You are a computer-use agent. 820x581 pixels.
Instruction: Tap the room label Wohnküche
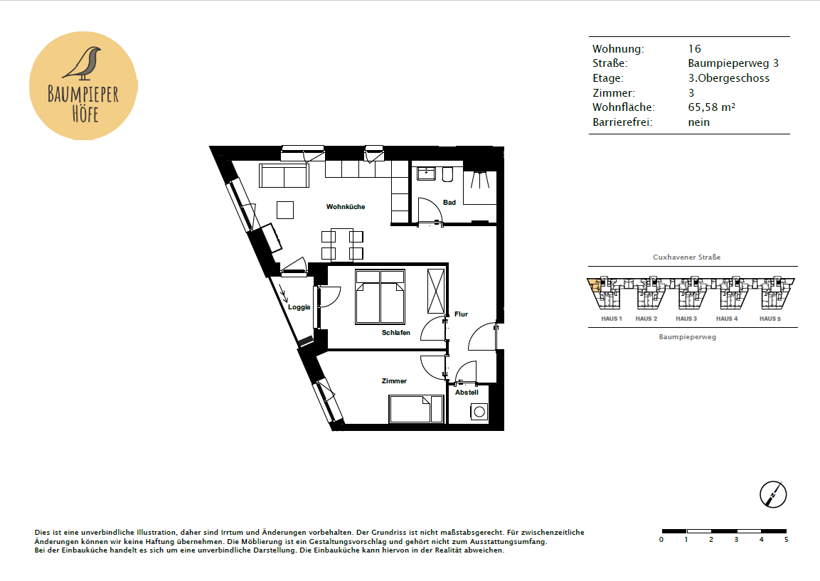pyautogui.click(x=346, y=206)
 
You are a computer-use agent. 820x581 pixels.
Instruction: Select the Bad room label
pyautogui.click(x=449, y=203)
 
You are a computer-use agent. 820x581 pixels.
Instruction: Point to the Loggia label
pyautogui.click(x=299, y=307)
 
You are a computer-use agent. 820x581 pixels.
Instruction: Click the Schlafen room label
pyautogui.click(x=396, y=333)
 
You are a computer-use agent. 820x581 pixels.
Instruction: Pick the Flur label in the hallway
pyautogui.click(x=462, y=314)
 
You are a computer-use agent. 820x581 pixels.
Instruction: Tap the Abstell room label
pyautogui.click(x=467, y=393)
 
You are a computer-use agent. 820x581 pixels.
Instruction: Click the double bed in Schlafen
pyautogui.click(x=380, y=297)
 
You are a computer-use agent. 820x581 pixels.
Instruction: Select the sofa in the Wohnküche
pyautogui.click(x=284, y=176)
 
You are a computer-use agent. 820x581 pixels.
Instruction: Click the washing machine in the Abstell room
pyautogui.click(x=479, y=412)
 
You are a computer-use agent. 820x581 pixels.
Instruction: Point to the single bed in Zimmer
pyautogui.click(x=416, y=409)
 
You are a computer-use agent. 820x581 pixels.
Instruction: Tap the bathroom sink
pyautogui.click(x=427, y=173)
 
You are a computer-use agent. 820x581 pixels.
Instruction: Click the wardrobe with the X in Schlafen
pyautogui.click(x=436, y=291)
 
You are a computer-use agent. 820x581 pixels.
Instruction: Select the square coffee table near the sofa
pyautogui.click(x=285, y=210)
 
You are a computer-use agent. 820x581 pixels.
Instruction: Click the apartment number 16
pyautogui.click(x=695, y=48)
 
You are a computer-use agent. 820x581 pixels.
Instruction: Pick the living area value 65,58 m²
pyautogui.click(x=711, y=107)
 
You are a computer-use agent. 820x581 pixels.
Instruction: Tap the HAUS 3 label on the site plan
pyautogui.click(x=686, y=319)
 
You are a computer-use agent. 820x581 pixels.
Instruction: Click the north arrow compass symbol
pyautogui.click(x=773, y=494)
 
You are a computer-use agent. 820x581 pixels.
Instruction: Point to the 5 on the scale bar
pyautogui.click(x=786, y=539)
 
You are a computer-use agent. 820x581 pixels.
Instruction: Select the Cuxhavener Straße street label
pyautogui.click(x=686, y=257)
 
